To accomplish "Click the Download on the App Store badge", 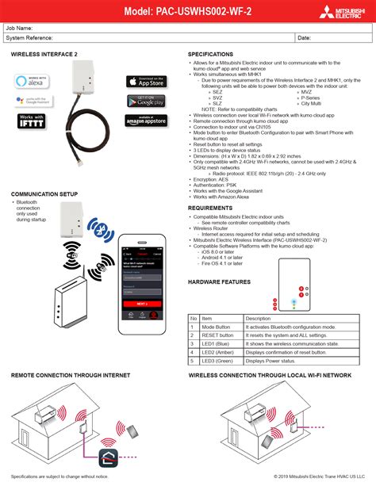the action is coord(145,81).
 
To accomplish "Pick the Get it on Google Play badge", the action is coord(145,101).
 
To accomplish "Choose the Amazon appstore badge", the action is coord(145,121).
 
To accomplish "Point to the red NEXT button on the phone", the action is coord(141,303).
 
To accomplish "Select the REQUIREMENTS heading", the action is coord(210,208).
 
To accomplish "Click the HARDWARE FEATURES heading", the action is coord(220,281).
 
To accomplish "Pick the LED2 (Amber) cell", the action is coord(218,352).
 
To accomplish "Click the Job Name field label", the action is coord(19,28).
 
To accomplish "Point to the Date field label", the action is coord(304,37).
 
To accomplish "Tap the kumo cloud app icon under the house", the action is coord(107,456).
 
